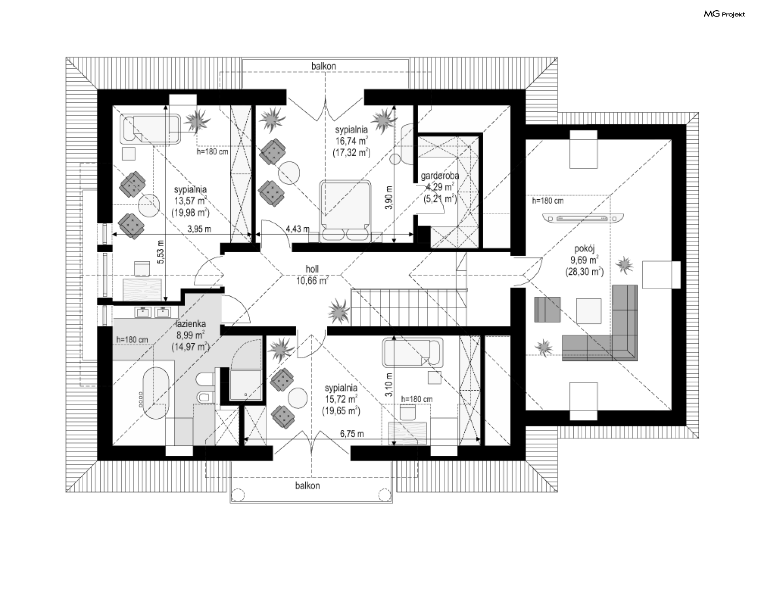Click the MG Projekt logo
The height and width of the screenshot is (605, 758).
click(724, 14)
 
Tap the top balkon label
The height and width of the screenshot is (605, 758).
click(323, 66)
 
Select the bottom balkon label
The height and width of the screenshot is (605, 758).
click(307, 486)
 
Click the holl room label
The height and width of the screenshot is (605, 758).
click(312, 269)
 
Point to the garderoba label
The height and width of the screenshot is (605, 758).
click(440, 176)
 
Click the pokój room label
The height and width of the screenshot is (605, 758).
click(584, 249)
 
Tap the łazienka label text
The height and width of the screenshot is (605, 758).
click(191, 324)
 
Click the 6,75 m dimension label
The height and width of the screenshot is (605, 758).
click(352, 434)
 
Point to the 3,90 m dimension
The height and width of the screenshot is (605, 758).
click(389, 197)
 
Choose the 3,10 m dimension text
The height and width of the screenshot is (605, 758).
click(389, 385)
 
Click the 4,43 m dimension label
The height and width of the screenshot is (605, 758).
click(298, 229)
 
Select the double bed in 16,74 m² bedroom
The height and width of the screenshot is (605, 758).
click(346, 210)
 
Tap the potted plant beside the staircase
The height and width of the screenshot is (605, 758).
click(338, 311)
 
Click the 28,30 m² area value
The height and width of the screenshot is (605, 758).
click(584, 272)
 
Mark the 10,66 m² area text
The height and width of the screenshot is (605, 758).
click(312, 281)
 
